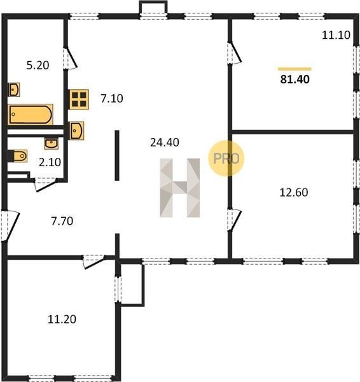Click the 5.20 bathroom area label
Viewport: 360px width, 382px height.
[38, 66]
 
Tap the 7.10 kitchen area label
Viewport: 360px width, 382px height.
[112, 99]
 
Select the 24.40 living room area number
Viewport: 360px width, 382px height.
[165, 143]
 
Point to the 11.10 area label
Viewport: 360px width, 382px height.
[336, 35]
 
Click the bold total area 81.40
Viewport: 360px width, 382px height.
[294, 80]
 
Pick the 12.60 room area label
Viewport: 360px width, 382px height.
[294, 192]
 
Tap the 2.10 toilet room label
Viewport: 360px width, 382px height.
[50, 162]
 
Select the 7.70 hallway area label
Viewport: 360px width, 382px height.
[62, 221]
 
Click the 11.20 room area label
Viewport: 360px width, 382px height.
[62, 319]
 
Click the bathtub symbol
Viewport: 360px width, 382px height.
[31, 115]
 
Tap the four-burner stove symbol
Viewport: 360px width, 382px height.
[79, 99]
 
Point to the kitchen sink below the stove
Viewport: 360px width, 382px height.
[77, 131]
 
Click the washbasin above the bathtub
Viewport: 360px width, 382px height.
[14, 89]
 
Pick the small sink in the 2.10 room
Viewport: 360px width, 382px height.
[52, 143]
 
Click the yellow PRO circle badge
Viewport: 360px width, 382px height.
[226, 159]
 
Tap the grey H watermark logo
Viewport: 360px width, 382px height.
[180, 188]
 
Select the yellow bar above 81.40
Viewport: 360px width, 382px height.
[294, 69]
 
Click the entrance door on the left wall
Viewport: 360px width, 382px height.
[10, 226]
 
